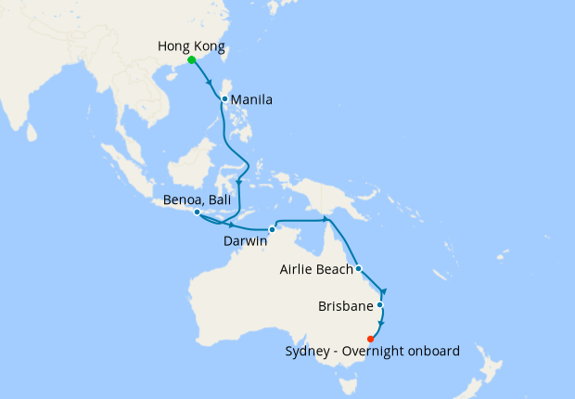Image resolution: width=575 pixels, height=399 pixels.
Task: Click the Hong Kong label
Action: pos(192,45)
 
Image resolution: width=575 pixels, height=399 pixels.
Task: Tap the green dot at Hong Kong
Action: pos(191,60)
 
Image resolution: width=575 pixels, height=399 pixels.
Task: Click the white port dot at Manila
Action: pos(224,97)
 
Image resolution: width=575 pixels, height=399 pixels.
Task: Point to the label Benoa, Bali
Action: pos(196,199)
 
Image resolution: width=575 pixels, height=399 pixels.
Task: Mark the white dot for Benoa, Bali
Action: pos(198,212)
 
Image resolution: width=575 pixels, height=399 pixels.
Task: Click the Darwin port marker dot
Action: pos(272,229)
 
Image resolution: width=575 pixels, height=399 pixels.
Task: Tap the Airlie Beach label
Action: pos(316,270)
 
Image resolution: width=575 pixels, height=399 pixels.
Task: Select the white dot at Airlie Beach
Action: pos(358,270)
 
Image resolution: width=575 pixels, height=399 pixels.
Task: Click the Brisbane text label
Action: pos(345,305)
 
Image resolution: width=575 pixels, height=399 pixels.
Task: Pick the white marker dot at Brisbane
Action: pos(379,304)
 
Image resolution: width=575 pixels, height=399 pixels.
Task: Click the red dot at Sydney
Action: pos(371,339)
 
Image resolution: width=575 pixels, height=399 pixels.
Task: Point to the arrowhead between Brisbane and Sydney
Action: pos(380,323)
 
